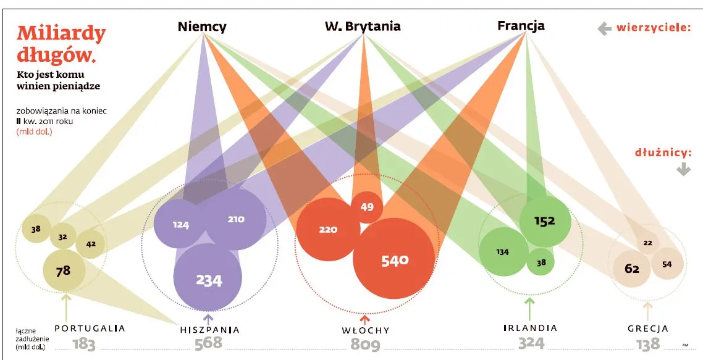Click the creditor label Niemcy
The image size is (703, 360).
202,27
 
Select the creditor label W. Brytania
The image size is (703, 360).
363,27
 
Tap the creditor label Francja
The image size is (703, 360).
521,26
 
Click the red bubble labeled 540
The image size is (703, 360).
394,259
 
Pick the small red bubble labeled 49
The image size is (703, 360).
367,207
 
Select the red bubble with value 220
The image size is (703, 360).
328,230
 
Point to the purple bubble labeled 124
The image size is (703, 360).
180,224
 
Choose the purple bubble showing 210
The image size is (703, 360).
235,219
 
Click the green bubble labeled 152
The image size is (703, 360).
545,221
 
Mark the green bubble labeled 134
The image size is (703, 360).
503,251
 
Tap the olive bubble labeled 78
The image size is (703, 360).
64,271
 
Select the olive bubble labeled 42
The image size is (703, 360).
91,244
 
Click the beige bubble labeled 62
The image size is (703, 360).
632,269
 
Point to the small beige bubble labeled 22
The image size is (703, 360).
647,243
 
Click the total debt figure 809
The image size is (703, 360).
365,345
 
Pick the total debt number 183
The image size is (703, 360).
84,345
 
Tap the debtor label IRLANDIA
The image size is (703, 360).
530,328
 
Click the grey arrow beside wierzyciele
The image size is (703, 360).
604,29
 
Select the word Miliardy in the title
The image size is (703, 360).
61,34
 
